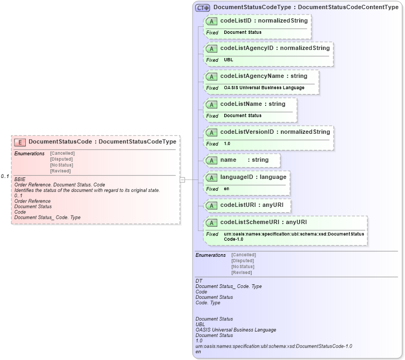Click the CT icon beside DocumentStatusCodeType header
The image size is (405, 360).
202,8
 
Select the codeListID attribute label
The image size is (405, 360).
264,20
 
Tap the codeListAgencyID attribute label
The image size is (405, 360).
274,48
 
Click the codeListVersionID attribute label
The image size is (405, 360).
275,132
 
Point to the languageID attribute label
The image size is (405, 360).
253,176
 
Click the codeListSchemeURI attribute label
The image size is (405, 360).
264,222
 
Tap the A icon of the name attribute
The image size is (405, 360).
211,160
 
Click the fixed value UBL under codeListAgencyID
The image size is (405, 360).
229,60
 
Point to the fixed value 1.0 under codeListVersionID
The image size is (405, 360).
227,143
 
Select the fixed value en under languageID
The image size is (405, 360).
226,189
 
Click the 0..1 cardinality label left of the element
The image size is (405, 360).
5,176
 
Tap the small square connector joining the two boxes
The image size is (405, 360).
182,179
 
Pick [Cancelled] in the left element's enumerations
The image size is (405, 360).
62,153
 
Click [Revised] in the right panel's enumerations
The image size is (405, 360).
241,272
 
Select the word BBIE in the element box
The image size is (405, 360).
20,179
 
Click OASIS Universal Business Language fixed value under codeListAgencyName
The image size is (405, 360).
264,88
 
